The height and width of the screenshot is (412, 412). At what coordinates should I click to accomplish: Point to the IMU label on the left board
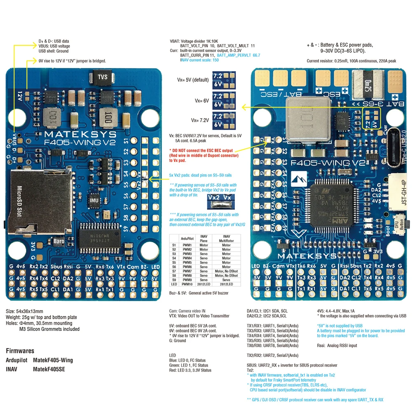coord(94,201)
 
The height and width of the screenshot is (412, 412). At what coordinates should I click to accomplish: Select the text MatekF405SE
coord(49,369)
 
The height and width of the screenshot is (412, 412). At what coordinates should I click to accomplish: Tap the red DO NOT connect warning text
coord(204,155)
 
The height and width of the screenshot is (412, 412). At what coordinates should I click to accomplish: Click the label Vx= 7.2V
coord(200,120)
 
